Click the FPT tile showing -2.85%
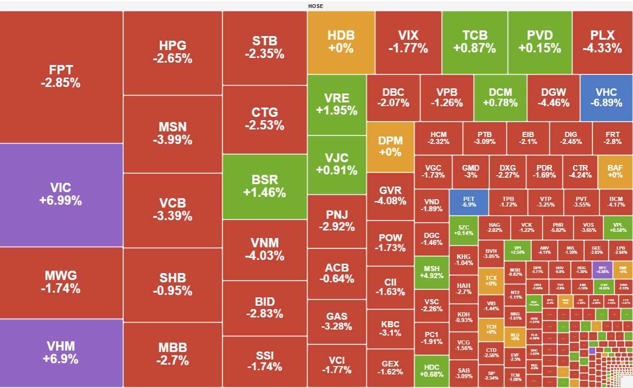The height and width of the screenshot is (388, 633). (x=61, y=77)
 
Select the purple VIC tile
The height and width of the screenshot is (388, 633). (x=61, y=194)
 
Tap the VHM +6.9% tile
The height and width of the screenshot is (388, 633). (x=61, y=352)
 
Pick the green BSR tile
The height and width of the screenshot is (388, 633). (x=265, y=186)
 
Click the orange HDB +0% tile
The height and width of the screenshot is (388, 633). (x=341, y=42)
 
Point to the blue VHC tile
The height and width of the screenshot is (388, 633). (x=606, y=97)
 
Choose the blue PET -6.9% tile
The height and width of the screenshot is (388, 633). (x=468, y=202)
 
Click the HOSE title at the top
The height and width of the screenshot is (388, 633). (x=316, y=6)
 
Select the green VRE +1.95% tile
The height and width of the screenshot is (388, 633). (x=337, y=104)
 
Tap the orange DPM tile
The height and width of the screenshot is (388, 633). (x=390, y=146)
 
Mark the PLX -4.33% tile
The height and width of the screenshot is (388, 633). (x=602, y=42)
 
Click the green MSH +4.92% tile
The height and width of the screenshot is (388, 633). (x=432, y=272)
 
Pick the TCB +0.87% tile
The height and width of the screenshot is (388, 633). (x=475, y=42)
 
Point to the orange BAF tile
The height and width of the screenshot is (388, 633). (x=615, y=171)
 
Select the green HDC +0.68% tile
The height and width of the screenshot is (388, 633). (x=432, y=371)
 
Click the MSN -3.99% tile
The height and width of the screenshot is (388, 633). (x=173, y=133)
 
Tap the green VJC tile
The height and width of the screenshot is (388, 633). (x=337, y=164)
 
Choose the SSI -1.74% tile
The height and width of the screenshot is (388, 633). (x=265, y=361)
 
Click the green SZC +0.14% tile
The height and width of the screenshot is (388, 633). (x=463, y=230)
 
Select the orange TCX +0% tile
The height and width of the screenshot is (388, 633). (x=491, y=280)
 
